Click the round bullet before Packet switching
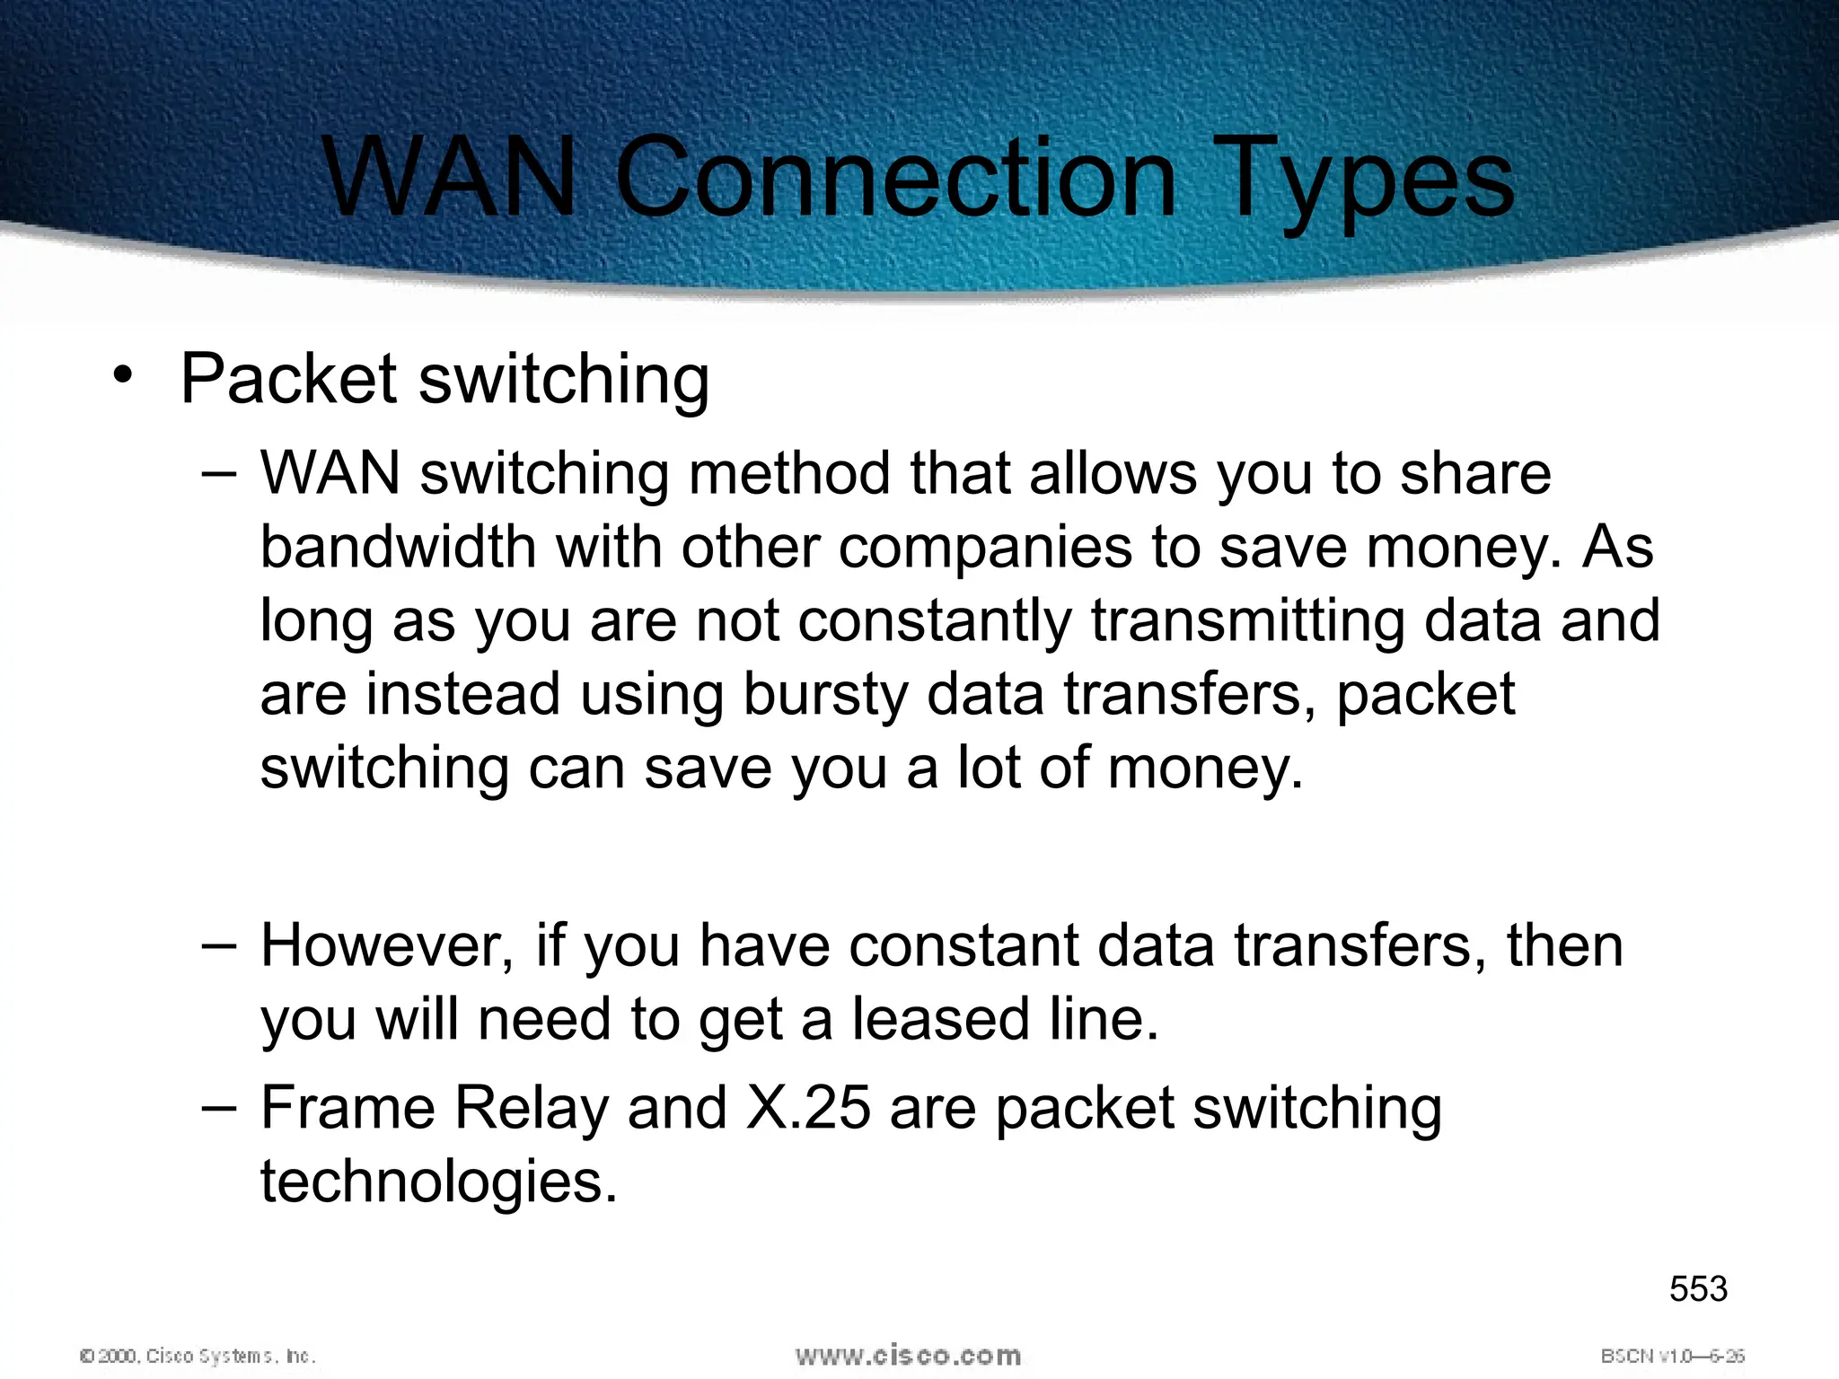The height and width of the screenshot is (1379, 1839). (x=123, y=376)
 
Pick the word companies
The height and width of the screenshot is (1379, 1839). (x=985, y=549)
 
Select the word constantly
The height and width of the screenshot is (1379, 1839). (x=935, y=620)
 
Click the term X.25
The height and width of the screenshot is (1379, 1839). (x=808, y=1108)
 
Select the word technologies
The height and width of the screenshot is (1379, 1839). (x=439, y=1182)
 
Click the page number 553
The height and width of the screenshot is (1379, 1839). (x=1698, y=1289)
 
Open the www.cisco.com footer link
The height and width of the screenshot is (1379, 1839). (x=908, y=1355)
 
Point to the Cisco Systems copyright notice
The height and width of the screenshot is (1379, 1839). (x=198, y=1356)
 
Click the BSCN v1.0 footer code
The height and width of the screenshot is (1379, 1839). (x=1672, y=1356)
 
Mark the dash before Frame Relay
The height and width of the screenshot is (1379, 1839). (x=219, y=1108)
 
